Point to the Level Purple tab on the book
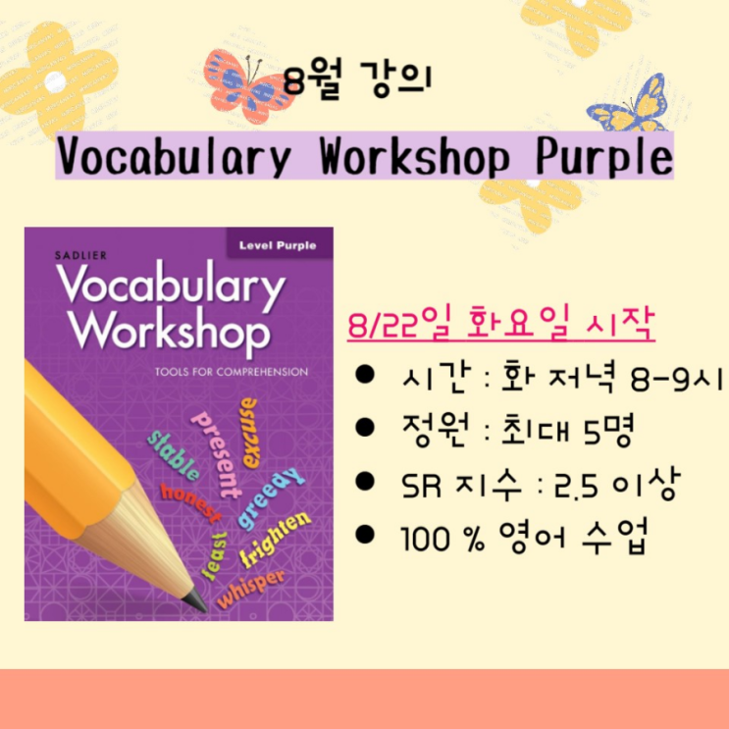click(278, 245)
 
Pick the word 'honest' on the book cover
click(190, 502)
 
